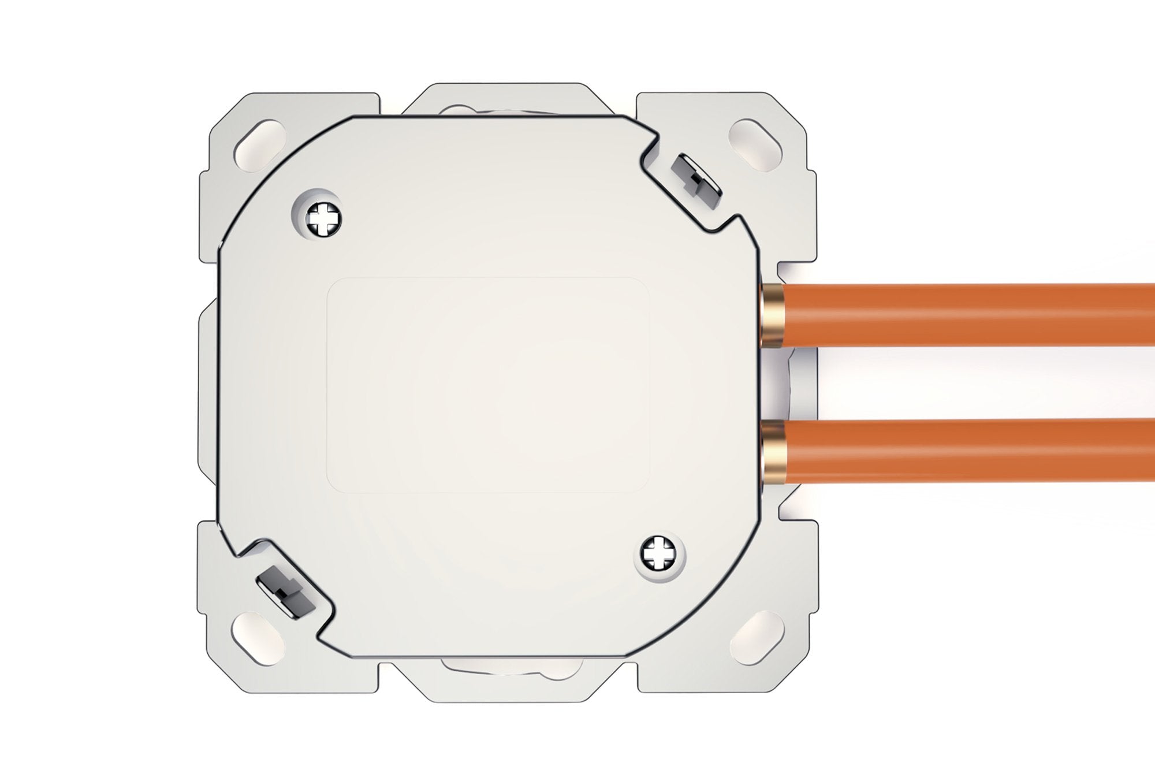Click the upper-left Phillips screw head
(319, 220)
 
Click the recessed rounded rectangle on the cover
(488, 385)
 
